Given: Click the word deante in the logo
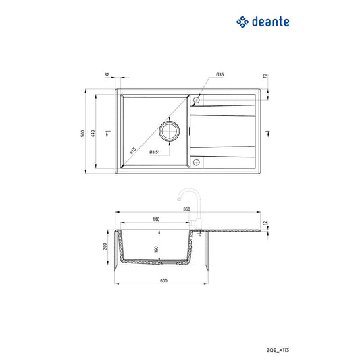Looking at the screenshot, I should point(271,22).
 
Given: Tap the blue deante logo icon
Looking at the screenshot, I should point(243,22).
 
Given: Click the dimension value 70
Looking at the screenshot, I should point(265,76).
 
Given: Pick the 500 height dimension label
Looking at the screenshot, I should point(83,133).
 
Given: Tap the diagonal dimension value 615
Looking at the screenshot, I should point(133,151).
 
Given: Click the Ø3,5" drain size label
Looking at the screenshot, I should point(154,152).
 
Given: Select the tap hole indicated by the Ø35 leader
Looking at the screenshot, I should point(196,101).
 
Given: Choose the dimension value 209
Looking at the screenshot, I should point(105,246).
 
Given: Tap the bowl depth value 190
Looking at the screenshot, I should point(156,249).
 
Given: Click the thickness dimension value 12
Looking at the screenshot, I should point(265,222).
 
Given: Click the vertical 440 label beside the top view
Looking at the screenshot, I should point(110,133).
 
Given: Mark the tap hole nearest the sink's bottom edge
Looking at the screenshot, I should point(196,161).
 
